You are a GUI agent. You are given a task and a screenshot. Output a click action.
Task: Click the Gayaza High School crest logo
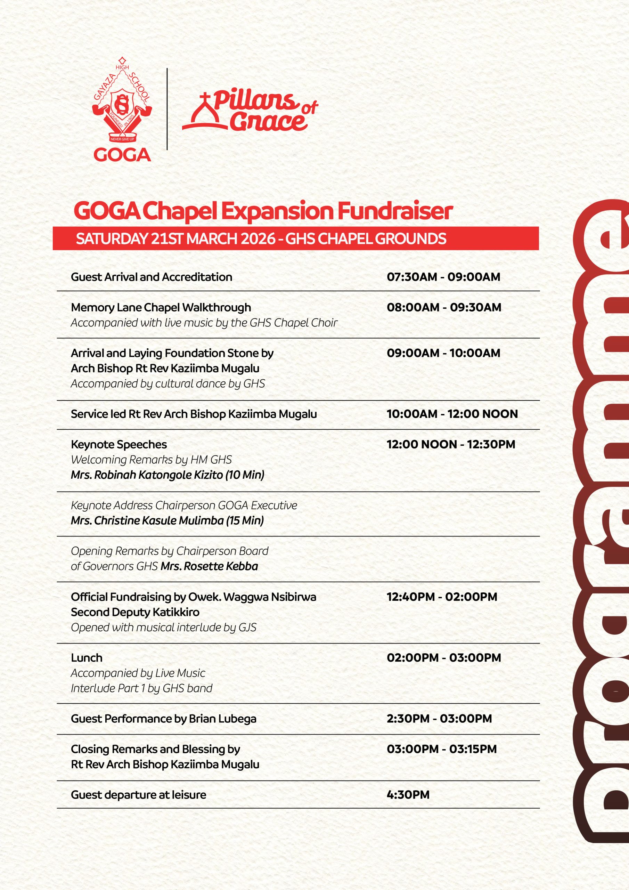pyautogui.click(x=122, y=103)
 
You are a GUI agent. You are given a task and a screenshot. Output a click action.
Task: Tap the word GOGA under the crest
pyautogui.click(x=122, y=155)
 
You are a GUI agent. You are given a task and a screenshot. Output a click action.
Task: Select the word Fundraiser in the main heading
pyautogui.click(x=394, y=211)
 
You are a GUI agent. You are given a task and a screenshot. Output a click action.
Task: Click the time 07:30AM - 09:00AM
pyautogui.click(x=443, y=277)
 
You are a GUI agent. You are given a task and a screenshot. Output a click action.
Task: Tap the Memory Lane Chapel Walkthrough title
pyautogui.click(x=161, y=307)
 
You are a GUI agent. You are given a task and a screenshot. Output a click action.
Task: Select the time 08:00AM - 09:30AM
pyautogui.click(x=444, y=307)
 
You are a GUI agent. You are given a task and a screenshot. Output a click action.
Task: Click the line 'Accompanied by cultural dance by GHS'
pyautogui.click(x=168, y=383)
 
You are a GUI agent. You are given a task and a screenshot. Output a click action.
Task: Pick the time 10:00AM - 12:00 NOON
pyautogui.click(x=452, y=414)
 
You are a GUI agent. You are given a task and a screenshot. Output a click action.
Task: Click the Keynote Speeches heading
pyautogui.click(x=119, y=444)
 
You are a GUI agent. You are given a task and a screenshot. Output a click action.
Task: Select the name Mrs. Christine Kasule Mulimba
pyautogui.click(x=147, y=520)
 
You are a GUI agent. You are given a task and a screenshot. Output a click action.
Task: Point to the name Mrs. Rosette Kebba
pyautogui.click(x=209, y=566)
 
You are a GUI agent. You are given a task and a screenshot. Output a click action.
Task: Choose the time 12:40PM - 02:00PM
pyautogui.click(x=442, y=597)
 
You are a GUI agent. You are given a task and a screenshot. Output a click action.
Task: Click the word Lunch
pyautogui.click(x=87, y=658)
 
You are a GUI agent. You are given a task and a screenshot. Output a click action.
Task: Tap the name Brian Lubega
pyautogui.click(x=222, y=719)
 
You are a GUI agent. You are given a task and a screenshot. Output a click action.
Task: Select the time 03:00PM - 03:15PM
pyautogui.click(x=441, y=749)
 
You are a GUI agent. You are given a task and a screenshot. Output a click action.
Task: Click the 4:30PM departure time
pyautogui.click(x=408, y=795)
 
